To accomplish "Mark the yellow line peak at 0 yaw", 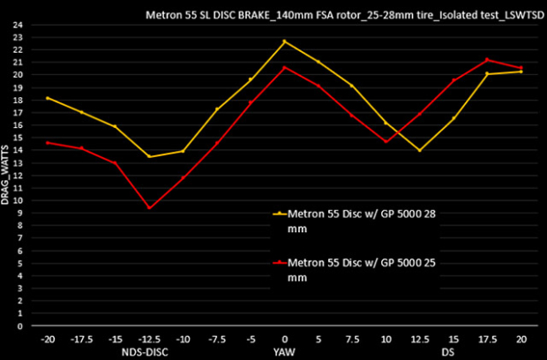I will [x=284, y=41].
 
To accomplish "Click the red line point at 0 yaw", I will [x=284, y=67].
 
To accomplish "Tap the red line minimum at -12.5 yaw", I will [x=149, y=208].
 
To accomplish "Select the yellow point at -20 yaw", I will [x=47, y=98].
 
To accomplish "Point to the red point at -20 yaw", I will [x=47, y=142].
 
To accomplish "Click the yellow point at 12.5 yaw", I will [x=420, y=150].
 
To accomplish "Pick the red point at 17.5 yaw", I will [x=487, y=60].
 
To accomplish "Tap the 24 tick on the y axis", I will [x=19, y=24].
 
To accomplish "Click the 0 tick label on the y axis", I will [x=19, y=326].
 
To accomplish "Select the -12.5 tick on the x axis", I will [x=149, y=338].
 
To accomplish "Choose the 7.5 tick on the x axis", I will [x=352, y=338].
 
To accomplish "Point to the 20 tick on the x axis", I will [x=521, y=338].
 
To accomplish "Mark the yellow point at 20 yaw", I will [x=521, y=71].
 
